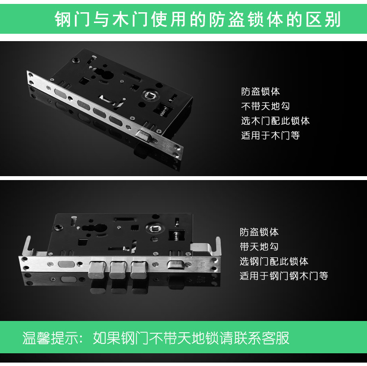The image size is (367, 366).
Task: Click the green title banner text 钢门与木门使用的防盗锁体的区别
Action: (198, 19)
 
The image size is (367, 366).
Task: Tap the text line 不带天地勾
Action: (265, 106)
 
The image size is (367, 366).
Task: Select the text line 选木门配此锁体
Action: (275, 121)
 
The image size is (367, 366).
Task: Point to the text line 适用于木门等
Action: (270, 136)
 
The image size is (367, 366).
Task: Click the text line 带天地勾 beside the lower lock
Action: (259, 247)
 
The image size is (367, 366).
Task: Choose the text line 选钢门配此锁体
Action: (274, 261)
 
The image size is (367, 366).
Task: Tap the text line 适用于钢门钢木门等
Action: (284, 276)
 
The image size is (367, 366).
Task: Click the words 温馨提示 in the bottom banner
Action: (50, 338)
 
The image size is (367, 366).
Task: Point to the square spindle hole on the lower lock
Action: (155, 228)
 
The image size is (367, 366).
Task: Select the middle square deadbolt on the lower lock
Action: (118, 270)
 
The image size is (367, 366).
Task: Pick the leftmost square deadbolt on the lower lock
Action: (97, 270)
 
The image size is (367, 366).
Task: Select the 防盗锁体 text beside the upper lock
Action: (260, 91)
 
